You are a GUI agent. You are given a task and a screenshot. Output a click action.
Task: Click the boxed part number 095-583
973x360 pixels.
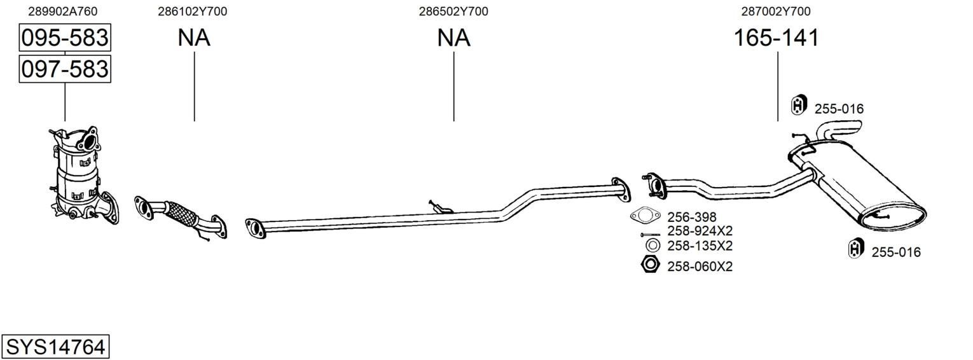65,38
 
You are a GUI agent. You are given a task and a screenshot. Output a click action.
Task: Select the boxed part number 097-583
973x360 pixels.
65,69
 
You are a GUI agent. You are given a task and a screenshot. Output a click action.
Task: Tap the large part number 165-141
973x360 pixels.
776,38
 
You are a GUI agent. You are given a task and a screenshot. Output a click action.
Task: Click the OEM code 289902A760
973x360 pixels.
62,11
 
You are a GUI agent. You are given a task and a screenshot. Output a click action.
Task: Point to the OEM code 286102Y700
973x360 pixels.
193,11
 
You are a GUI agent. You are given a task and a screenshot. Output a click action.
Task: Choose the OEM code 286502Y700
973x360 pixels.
453,11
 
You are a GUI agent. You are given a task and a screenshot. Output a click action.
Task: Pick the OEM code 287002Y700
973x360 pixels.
776,11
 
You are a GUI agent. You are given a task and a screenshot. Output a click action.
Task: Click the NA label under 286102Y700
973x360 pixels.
194,38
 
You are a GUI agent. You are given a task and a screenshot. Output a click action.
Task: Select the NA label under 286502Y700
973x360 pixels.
453,38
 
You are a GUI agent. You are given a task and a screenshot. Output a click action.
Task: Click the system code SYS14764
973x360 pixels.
55,347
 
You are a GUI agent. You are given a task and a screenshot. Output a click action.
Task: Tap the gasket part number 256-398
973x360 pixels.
691,217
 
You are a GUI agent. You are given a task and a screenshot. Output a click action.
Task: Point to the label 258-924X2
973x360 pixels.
700,231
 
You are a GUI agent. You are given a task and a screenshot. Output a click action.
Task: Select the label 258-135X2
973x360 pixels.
700,246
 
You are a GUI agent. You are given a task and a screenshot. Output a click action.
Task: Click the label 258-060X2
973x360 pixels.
700,267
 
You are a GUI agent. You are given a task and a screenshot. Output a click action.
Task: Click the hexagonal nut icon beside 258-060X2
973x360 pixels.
651,264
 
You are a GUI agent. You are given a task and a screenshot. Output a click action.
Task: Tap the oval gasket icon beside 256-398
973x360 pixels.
645,215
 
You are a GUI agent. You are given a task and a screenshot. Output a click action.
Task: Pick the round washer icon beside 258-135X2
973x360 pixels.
652,246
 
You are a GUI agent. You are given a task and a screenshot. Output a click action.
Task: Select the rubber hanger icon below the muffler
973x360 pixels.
856,249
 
